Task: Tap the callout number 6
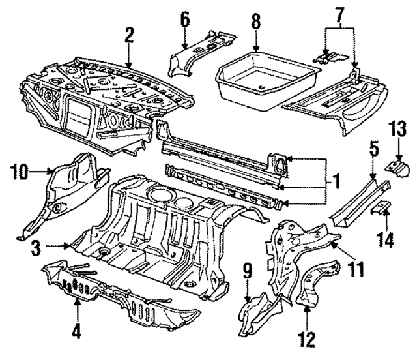(x=185, y=19)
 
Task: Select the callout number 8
(x=256, y=21)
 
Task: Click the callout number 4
(x=76, y=331)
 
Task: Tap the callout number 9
(x=247, y=270)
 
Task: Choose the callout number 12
(x=307, y=338)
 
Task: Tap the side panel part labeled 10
(x=72, y=186)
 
